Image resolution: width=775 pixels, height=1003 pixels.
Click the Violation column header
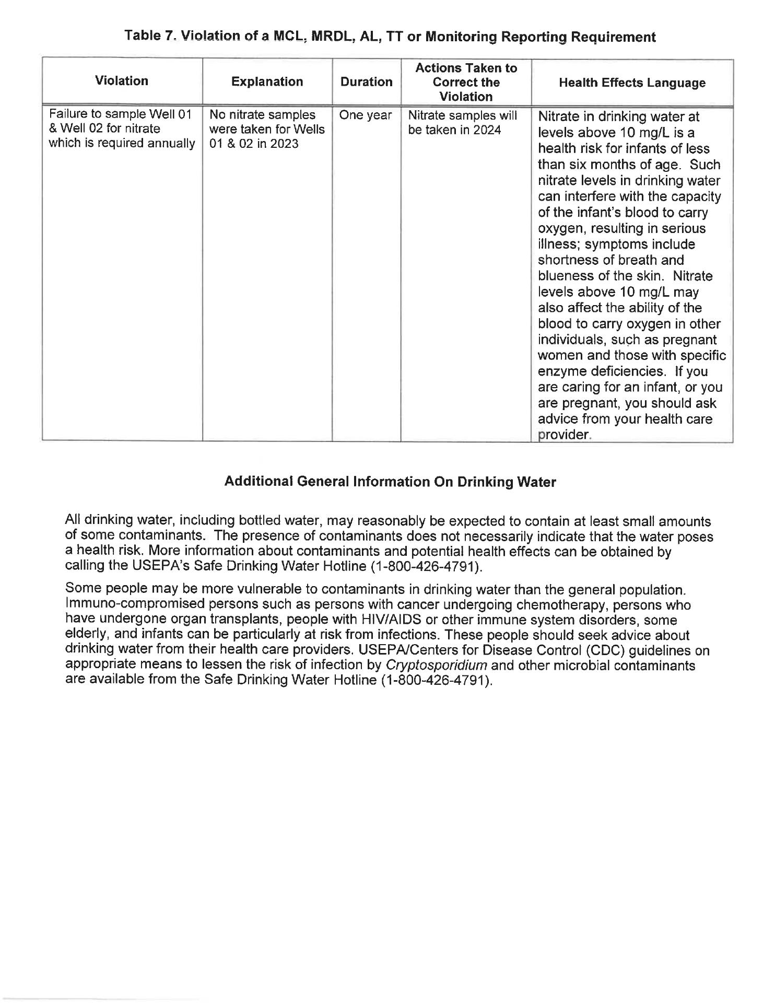[122, 81]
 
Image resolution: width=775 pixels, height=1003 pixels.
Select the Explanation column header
[267, 81]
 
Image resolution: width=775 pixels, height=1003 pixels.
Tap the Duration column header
[366, 82]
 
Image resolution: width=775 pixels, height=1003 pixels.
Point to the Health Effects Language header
[632, 83]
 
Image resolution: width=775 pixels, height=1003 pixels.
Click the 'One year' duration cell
[365, 115]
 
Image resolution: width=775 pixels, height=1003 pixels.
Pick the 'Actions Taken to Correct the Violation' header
[466, 83]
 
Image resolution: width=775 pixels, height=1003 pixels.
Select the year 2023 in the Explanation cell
[283, 144]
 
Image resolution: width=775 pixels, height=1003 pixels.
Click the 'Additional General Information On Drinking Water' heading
[390, 482]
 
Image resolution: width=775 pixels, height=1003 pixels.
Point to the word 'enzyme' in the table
[560, 371]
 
